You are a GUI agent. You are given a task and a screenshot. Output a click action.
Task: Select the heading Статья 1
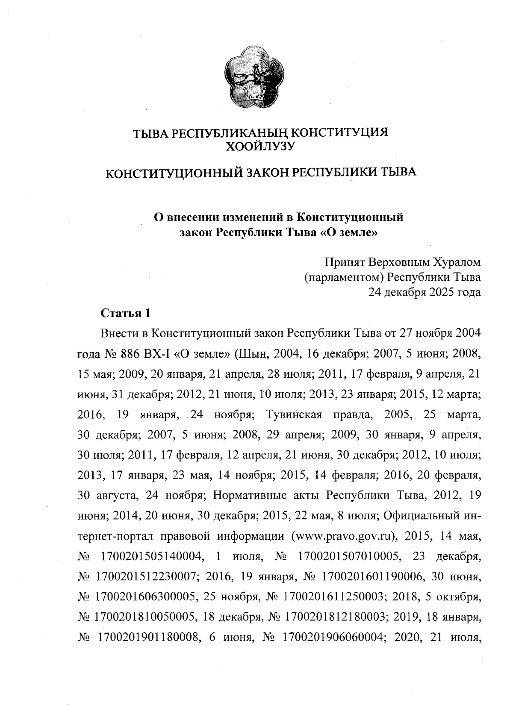point(125,313)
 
